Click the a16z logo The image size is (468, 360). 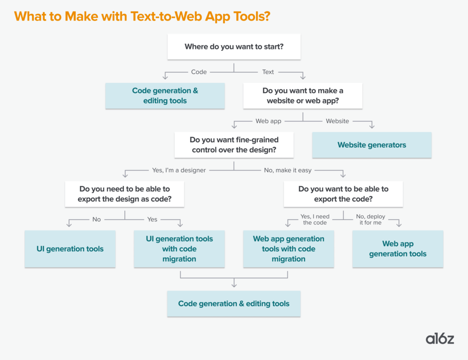click(440, 339)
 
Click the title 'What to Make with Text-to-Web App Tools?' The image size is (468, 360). click(142, 16)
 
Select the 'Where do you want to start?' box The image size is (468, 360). click(234, 46)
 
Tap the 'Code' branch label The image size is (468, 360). click(199, 72)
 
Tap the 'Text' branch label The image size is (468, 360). click(268, 72)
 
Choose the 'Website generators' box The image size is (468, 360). click(372, 145)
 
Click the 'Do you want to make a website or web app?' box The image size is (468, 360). click(303, 96)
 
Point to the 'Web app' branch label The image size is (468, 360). click(268, 121)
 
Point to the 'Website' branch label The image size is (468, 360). click(337, 121)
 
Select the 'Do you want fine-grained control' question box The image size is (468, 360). click(234, 145)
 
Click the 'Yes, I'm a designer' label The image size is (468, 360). click(179, 170)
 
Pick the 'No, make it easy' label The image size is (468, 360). click(287, 170)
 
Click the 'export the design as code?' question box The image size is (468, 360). click(124, 194)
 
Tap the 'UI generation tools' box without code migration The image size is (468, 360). click(70, 249)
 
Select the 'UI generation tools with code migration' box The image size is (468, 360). click(179, 249)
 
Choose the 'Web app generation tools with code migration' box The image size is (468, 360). click(288, 249)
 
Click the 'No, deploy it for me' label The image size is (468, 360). click(371, 219)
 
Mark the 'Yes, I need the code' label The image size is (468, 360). click(315, 219)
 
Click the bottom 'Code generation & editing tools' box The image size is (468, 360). click(234, 304)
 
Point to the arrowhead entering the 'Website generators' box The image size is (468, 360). click(372, 126)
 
